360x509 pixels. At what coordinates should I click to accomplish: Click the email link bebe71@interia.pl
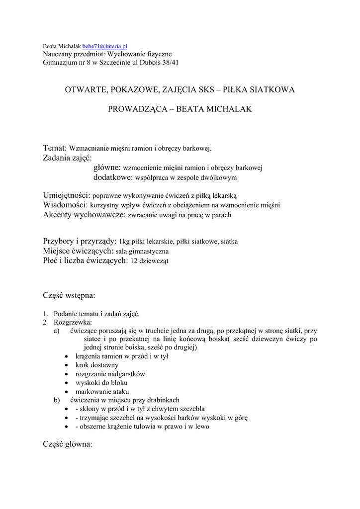pos(105,46)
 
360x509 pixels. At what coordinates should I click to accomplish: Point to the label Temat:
pos(55,148)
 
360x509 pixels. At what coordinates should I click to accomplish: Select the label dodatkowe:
pos(113,177)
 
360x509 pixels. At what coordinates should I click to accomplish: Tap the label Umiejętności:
pos(66,195)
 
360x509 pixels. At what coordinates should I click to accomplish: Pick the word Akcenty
pos(57,215)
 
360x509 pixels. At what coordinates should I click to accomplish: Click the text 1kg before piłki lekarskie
pos(125,242)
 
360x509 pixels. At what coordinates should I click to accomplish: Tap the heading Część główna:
pos(68,444)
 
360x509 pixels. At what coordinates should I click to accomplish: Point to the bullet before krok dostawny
pos(67,365)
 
